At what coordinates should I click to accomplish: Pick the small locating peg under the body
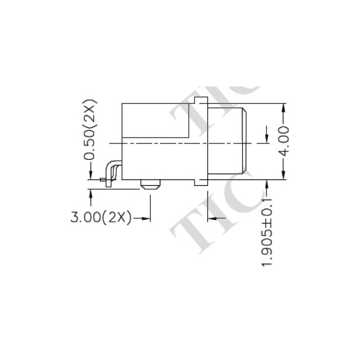point(150,185)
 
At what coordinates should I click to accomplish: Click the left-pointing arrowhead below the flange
point(211,218)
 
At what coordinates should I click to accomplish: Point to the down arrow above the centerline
point(267,138)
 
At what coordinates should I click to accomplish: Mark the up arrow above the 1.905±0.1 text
point(267,185)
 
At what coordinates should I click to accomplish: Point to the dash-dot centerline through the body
point(174,142)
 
